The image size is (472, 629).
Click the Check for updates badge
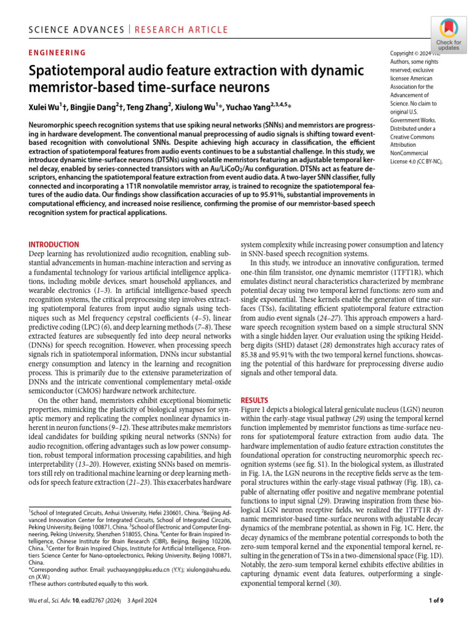pos(449,35)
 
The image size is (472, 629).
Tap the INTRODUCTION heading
pos(54,244)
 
